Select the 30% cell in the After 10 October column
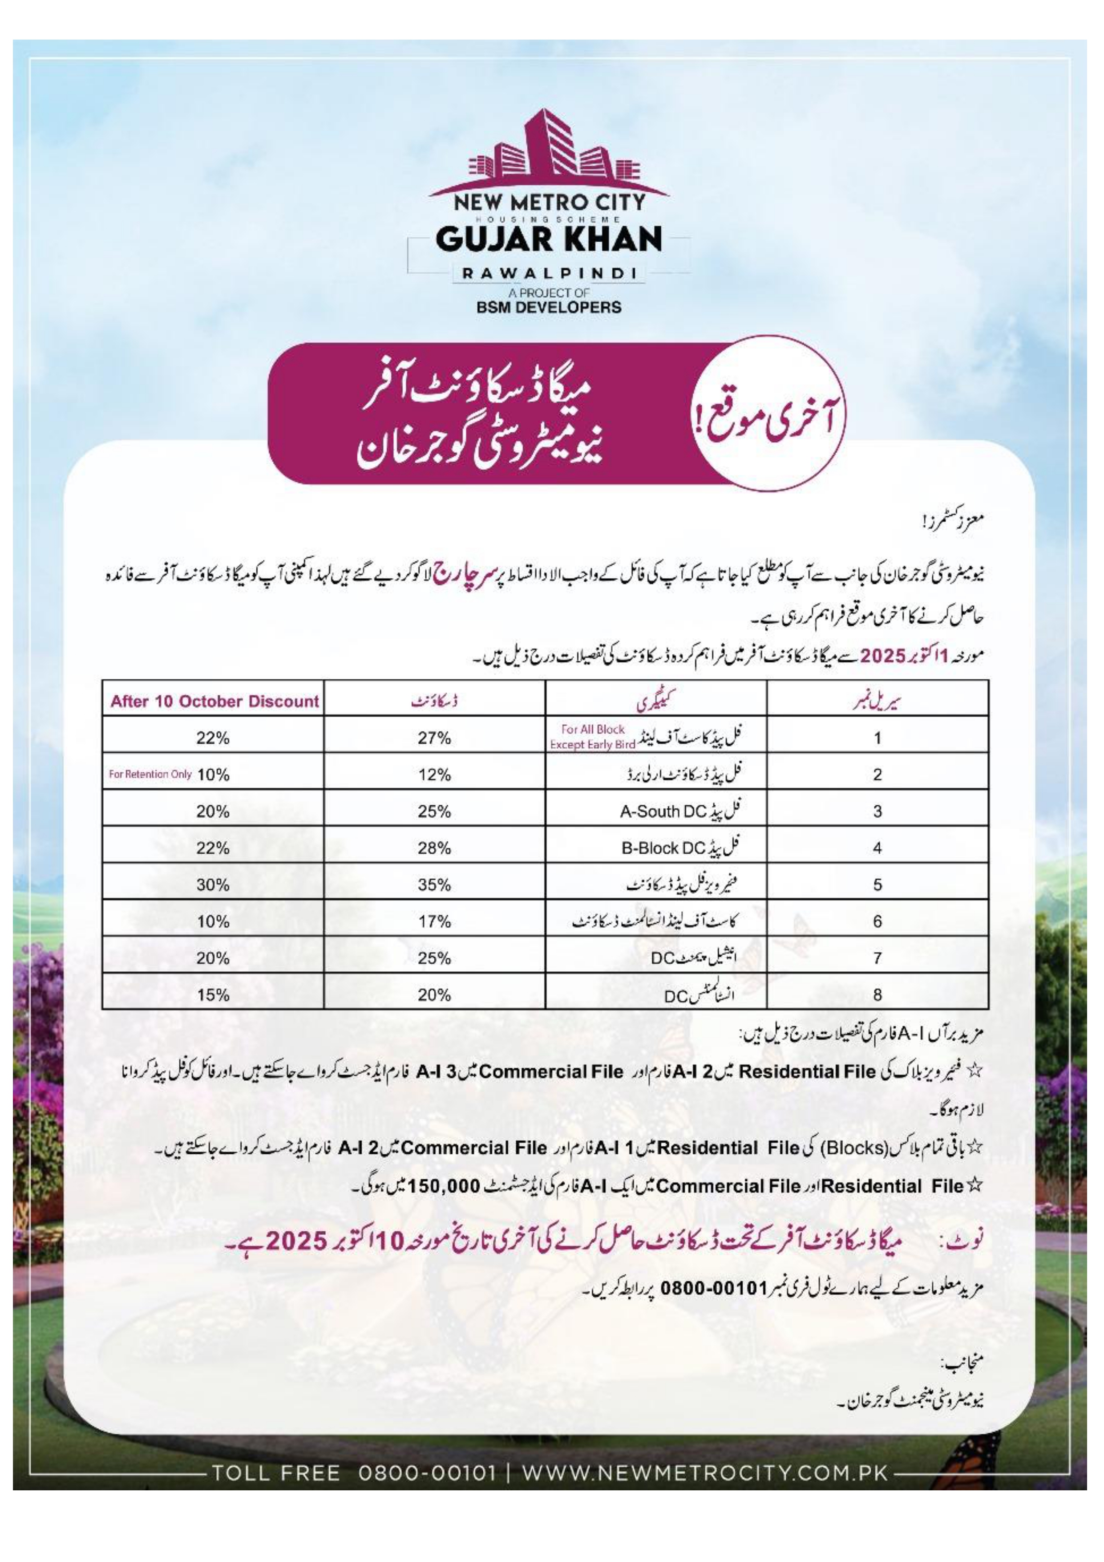coord(213,884)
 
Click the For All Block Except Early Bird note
coord(592,737)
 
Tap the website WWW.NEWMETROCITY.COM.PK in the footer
coord(705,1473)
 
